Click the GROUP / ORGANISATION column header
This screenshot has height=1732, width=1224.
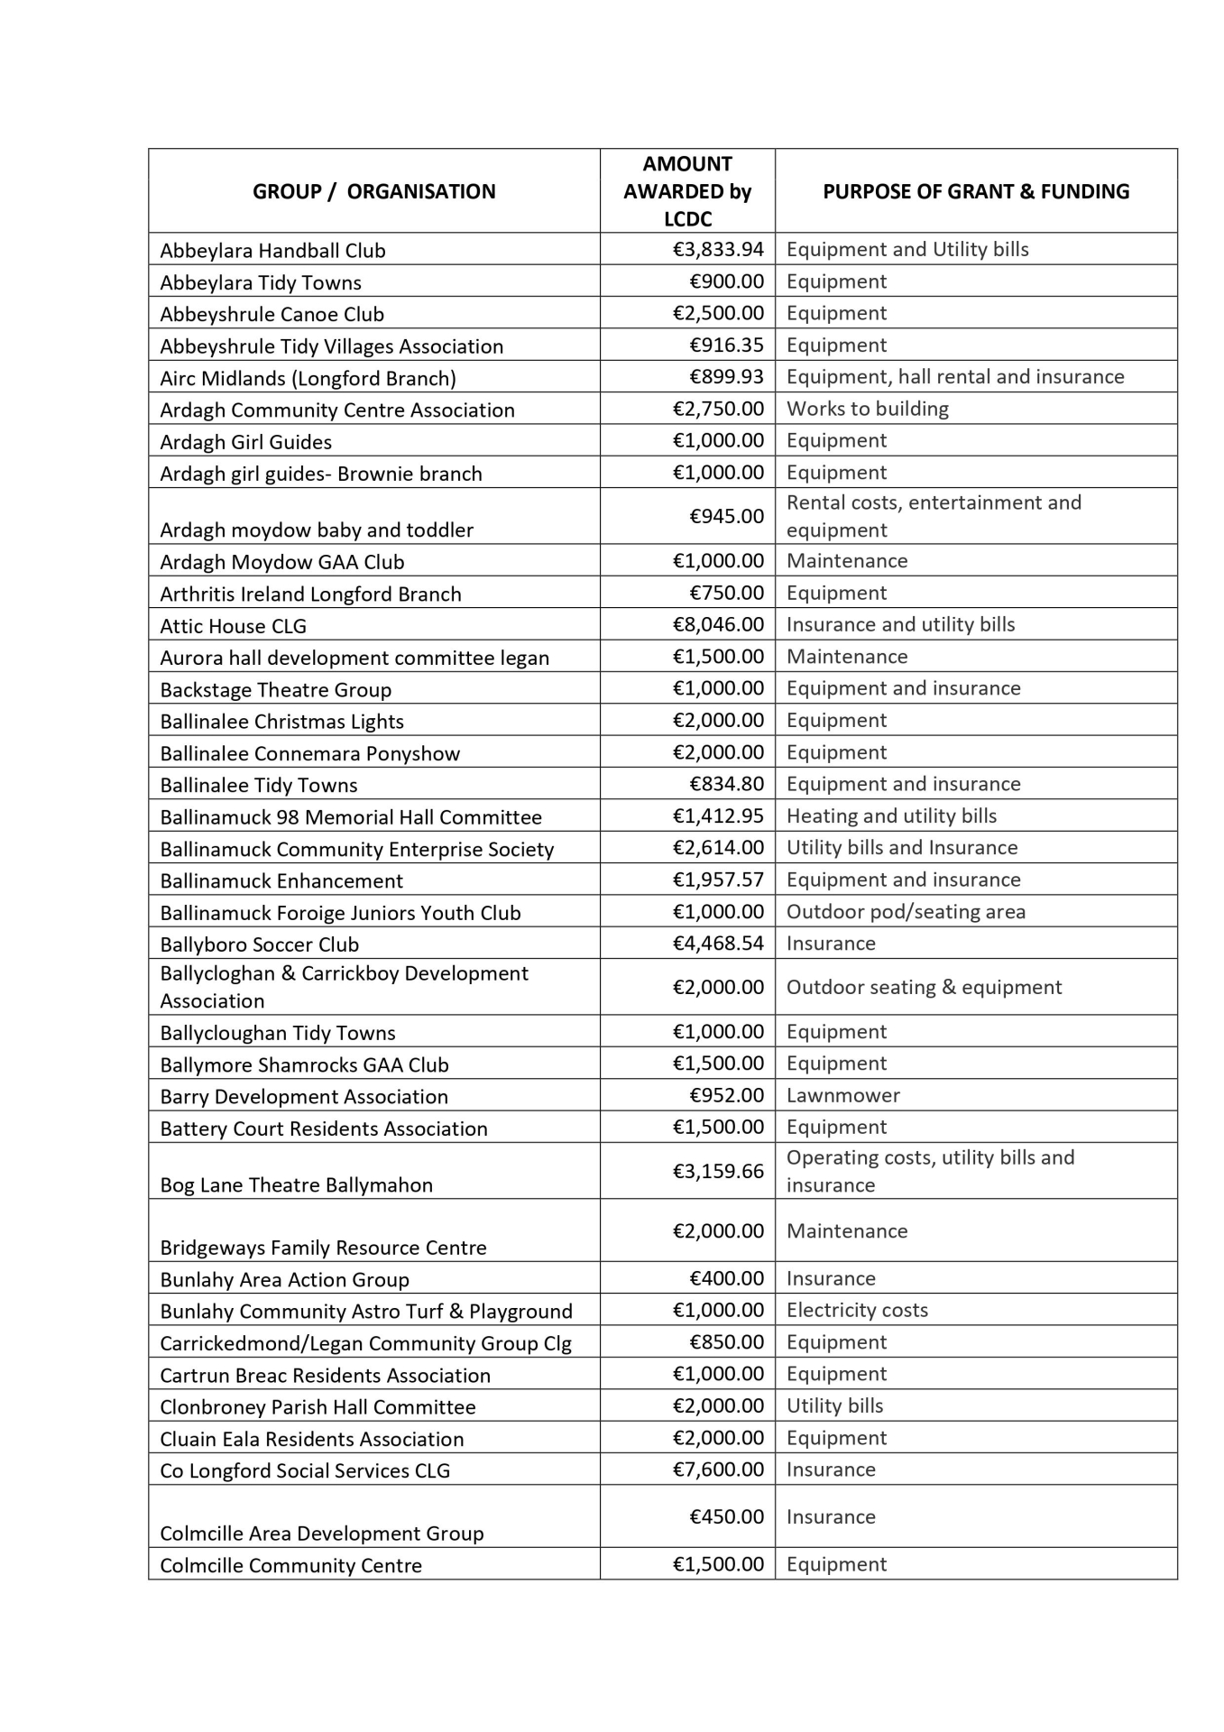click(x=373, y=191)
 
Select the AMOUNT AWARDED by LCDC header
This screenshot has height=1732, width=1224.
click(x=687, y=191)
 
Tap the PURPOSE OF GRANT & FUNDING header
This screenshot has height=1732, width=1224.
click(x=976, y=191)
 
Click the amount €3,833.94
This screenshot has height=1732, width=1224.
click(x=718, y=250)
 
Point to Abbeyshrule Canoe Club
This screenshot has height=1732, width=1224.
click(x=271, y=315)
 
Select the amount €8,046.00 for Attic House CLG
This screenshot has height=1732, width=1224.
click(x=718, y=625)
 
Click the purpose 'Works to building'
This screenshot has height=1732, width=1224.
click(x=868, y=410)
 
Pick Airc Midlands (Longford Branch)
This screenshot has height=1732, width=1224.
click(x=308, y=379)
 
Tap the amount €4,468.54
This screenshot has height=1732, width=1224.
click(x=718, y=944)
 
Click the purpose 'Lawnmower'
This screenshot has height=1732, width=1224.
click(x=843, y=1096)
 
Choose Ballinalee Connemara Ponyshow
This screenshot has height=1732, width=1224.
click(x=309, y=754)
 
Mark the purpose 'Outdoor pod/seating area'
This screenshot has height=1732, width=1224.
click(x=906, y=912)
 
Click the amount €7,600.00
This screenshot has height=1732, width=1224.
click(x=718, y=1469)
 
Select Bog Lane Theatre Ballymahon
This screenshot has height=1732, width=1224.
click(x=296, y=1185)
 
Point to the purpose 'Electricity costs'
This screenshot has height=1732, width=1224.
click(x=857, y=1311)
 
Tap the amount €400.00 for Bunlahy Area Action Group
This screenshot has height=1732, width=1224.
click(x=726, y=1279)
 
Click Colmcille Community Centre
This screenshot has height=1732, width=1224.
click(x=290, y=1566)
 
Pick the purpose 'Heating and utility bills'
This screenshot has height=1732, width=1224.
click(x=891, y=816)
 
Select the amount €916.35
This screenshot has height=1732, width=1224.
click(x=726, y=345)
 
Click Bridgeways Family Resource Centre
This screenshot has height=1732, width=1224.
click(x=323, y=1248)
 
